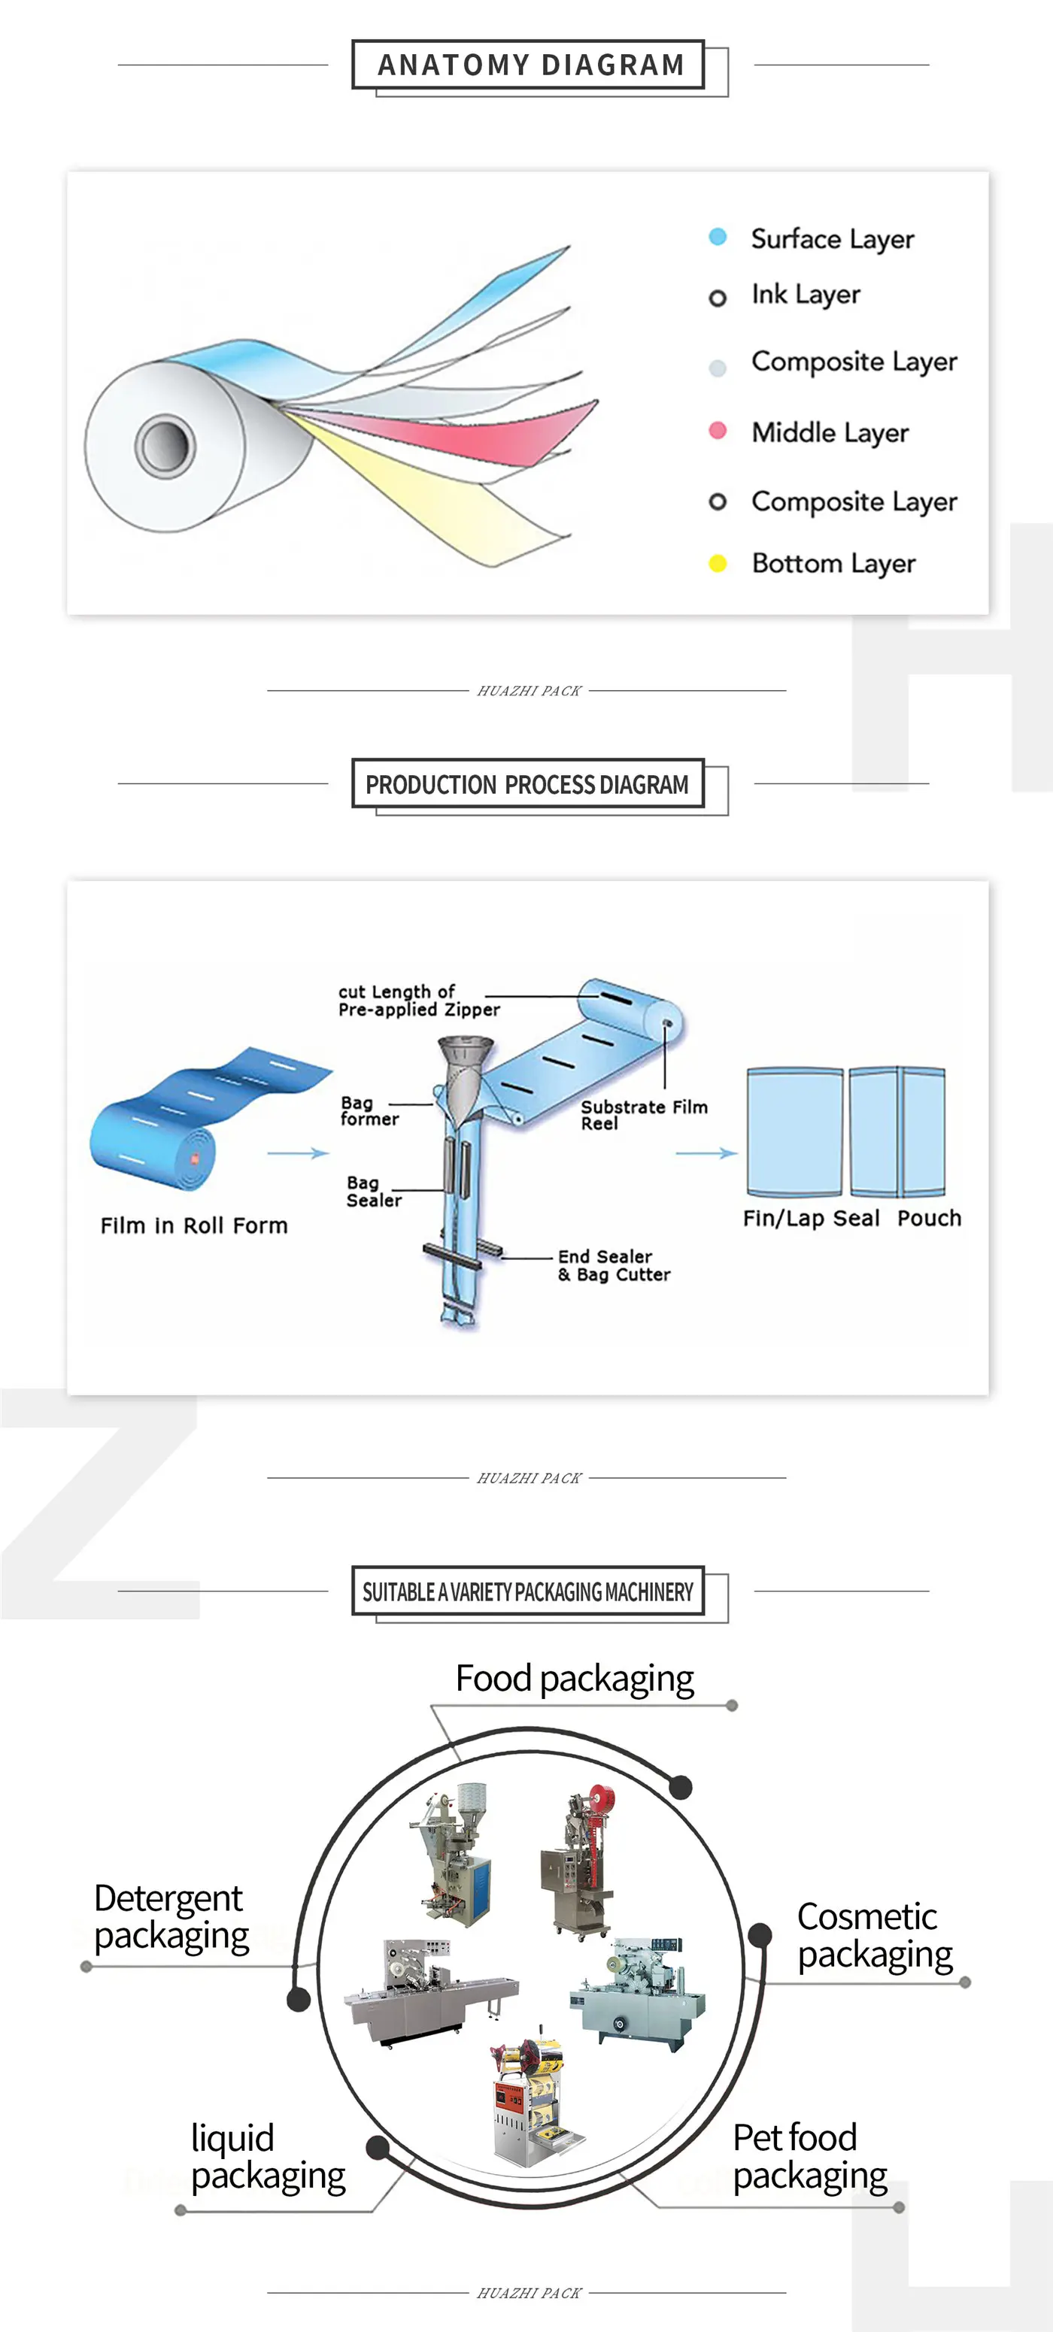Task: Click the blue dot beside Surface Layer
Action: [717, 237]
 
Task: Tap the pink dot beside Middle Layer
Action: [717, 431]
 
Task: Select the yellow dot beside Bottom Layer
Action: [717, 563]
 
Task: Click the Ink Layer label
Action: [805, 294]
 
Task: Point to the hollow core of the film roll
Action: [165, 445]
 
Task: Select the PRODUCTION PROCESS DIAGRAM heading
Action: [527, 784]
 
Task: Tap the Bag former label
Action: [369, 1111]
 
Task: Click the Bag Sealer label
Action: [373, 1192]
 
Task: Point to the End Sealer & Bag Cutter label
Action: [614, 1265]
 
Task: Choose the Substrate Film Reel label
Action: [643, 1114]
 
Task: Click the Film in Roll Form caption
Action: [194, 1225]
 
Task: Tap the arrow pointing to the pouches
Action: [706, 1153]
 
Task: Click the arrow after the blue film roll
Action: [298, 1153]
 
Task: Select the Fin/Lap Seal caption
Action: [810, 1219]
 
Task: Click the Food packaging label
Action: [574, 1679]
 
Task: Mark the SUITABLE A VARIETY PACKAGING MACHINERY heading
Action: [527, 1592]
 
